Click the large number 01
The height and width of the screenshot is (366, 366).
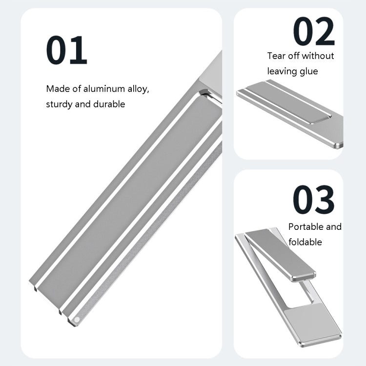tap(66, 50)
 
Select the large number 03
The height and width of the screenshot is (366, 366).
tap(313, 200)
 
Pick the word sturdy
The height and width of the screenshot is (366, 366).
tap(59, 104)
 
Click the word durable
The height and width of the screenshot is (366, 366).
tap(108, 104)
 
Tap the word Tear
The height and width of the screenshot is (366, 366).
tap(276, 56)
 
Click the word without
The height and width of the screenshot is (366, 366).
tap(318, 56)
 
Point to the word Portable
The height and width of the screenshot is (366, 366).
tap(306, 227)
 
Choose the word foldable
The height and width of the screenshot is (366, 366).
tap(305, 242)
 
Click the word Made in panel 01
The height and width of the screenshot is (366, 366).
tap(57, 89)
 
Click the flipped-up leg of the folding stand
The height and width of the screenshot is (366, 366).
tap(281, 254)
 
